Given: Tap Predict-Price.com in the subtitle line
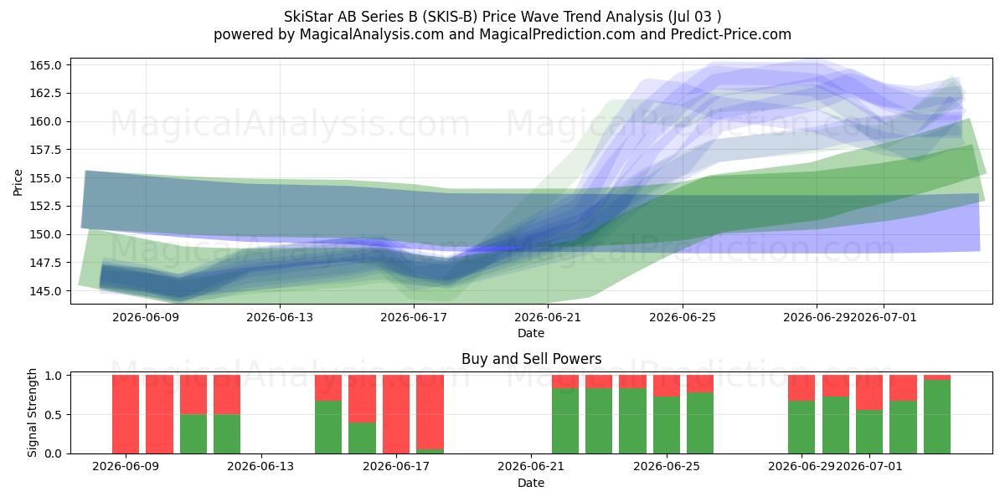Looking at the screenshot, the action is pyautogui.click(x=730, y=34).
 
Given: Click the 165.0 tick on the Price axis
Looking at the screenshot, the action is pyautogui.click(x=45, y=65).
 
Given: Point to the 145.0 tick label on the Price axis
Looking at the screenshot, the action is pyautogui.click(x=45, y=291).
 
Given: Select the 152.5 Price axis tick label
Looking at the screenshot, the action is pyautogui.click(x=45, y=206).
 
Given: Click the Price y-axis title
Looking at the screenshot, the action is pyautogui.click(x=18, y=183).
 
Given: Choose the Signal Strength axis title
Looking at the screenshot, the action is pyautogui.click(x=32, y=412).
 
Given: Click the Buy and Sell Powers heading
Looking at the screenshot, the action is pyautogui.click(x=531, y=359).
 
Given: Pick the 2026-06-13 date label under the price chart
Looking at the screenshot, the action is pyautogui.click(x=280, y=317).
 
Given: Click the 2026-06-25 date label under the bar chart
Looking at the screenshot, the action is pyautogui.click(x=667, y=467).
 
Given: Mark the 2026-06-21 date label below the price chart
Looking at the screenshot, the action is pyautogui.click(x=548, y=317).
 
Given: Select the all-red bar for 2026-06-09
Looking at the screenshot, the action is pyautogui.click(x=126, y=414).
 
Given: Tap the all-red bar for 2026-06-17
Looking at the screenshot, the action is pyautogui.click(x=396, y=414).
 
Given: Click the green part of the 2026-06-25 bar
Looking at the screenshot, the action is pyautogui.click(x=667, y=425).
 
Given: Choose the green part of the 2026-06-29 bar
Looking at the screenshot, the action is pyautogui.click(x=801, y=428).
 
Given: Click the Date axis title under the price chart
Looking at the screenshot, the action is pyautogui.click(x=531, y=333).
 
